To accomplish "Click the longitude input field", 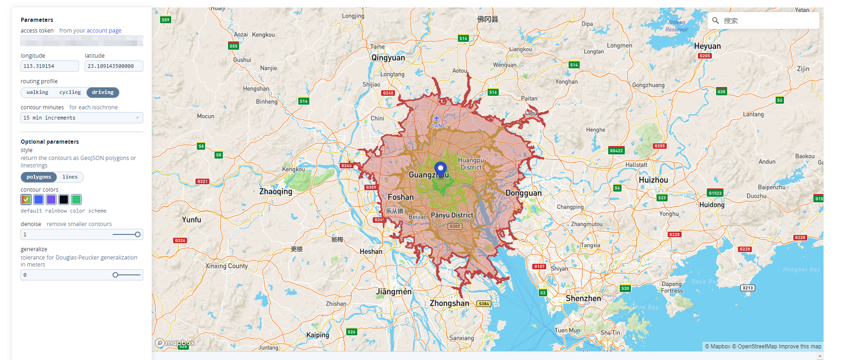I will tap(49, 66).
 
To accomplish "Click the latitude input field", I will tap(114, 66).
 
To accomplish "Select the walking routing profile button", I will tap(37, 93).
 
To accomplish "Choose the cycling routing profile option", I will tap(70, 93).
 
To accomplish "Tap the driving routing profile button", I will tap(103, 93).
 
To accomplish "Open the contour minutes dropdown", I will tap(81, 118).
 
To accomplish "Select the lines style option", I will tap(70, 177).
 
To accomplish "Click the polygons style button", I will tap(39, 177).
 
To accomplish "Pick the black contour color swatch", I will tap(64, 200).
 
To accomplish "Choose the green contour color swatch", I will tap(76, 200).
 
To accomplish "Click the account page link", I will tap(104, 31).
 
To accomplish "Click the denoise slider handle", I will tap(138, 234).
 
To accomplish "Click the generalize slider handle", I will tap(115, 275).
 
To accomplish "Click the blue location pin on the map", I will tap(440, 169).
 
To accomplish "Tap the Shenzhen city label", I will tap(583, 299).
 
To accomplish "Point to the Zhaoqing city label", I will tap(275, 192).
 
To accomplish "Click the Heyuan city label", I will tap(707, 46).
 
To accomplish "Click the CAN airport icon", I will tap(436, 119).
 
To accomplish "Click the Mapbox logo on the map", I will tap(175, 343).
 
